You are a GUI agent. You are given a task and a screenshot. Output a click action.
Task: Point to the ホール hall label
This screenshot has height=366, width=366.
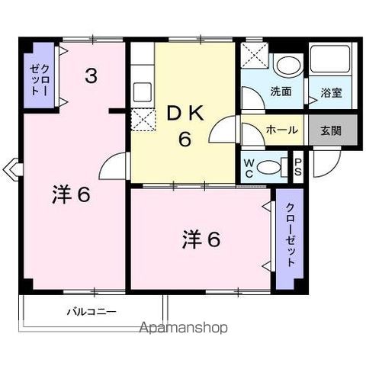click(x=281, y=130)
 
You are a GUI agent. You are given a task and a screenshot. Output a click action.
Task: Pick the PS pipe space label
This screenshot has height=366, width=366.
click(x=297, y=166)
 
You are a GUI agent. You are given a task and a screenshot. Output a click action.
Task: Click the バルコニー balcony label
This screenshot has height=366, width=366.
click(x=91, y=311)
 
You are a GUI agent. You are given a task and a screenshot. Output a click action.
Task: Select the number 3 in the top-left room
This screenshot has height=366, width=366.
click(x=91, y=75)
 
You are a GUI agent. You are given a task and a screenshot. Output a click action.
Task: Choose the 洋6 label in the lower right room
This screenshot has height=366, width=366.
click(x=201, y=239)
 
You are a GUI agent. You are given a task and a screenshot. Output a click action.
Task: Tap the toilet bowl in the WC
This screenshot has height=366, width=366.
click(x=269, y=167)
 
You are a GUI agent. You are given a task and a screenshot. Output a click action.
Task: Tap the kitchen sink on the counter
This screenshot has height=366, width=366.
click(x=143, y=92)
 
